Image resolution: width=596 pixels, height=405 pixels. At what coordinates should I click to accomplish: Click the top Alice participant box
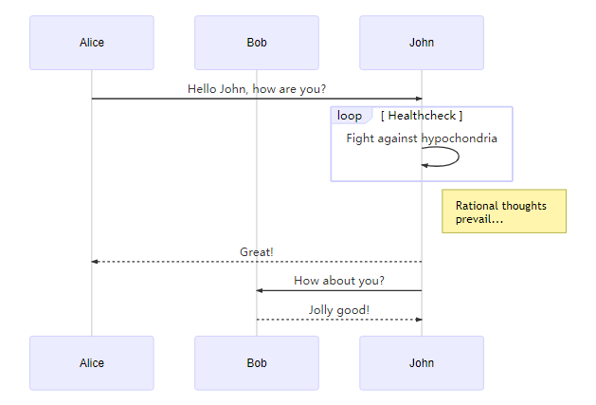click(92, 43)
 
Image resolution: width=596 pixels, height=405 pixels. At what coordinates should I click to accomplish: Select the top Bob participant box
click(257, 43)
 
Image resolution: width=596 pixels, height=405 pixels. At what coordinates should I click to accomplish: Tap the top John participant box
click(422, 43)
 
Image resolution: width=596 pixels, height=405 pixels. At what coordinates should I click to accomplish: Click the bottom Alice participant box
click(92, 363)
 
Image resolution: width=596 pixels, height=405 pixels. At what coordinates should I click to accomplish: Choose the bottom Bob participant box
click(257, 363)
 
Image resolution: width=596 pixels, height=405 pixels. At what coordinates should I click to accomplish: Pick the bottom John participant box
click(422, 363)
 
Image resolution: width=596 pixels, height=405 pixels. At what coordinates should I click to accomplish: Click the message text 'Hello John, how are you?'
click(257, 89)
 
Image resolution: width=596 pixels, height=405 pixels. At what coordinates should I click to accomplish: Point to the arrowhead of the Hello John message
click(419, 99)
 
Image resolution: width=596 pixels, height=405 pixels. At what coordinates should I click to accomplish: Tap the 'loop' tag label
click(350, 116)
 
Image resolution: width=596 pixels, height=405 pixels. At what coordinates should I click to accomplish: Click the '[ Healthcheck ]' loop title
click(422, 116)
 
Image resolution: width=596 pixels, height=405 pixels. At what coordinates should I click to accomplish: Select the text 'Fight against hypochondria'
click(422, 138)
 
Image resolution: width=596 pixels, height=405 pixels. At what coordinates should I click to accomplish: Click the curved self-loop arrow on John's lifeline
click(459, 156)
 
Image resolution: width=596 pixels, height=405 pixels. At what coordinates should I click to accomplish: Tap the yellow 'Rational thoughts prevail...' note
click(504, 212)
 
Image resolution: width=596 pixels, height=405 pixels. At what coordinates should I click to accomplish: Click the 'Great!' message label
click(257, 252)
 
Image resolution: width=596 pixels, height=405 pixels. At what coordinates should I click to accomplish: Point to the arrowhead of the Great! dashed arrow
click(95, 262)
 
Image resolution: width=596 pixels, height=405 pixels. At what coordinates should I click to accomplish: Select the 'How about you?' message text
click(339, 281)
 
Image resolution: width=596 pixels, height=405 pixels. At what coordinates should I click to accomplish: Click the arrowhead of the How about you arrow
click(260, 290)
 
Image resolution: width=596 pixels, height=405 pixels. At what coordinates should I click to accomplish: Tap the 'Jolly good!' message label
click(339, 310)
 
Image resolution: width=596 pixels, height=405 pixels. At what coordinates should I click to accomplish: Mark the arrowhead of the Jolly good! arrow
click(419, 320)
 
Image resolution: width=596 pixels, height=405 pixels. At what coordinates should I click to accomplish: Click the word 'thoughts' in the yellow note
click(523, 206)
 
